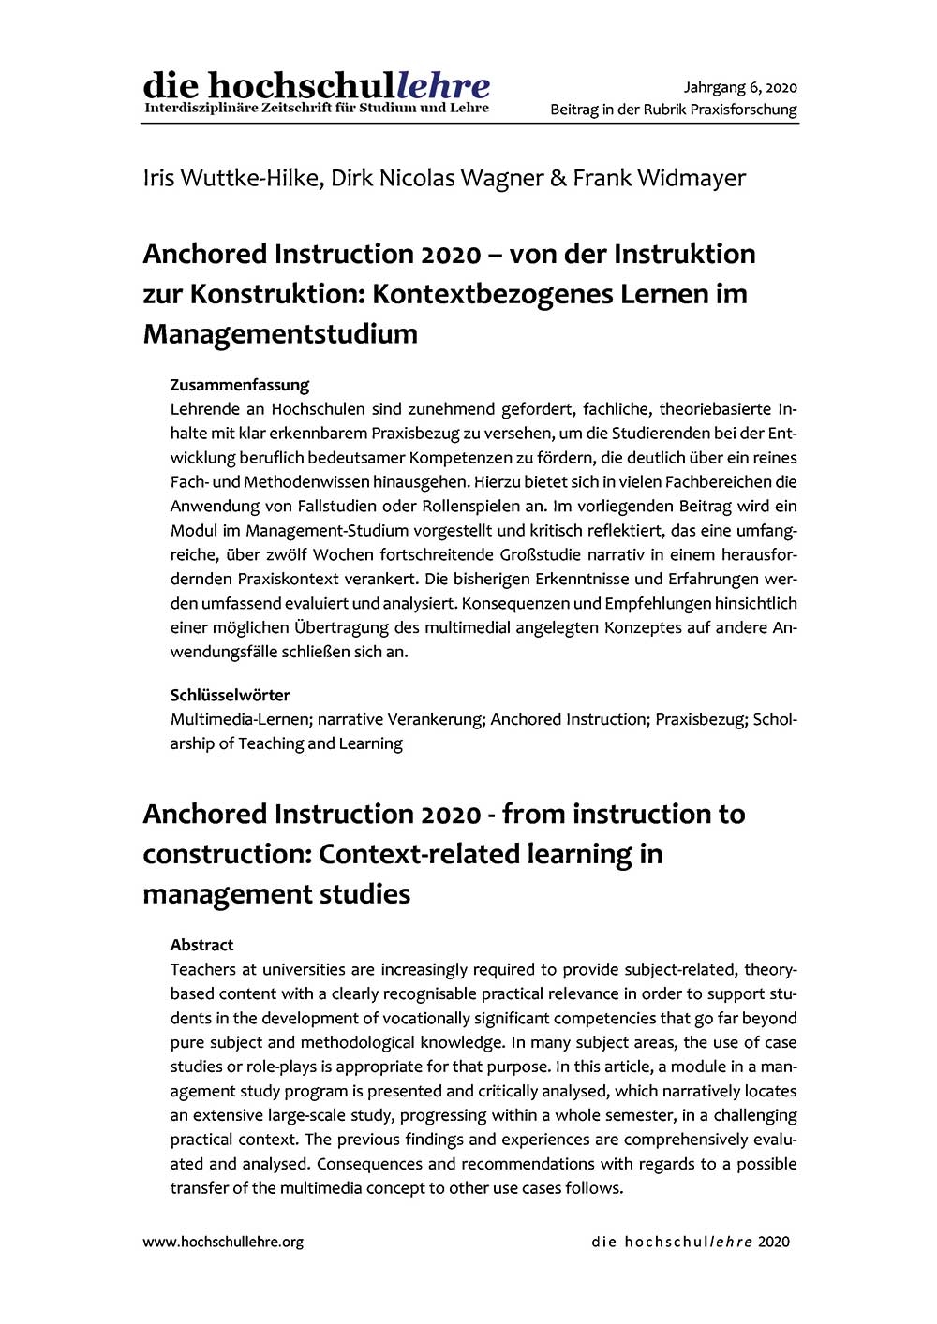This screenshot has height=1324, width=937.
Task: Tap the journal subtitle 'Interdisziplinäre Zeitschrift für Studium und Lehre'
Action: point(316,109)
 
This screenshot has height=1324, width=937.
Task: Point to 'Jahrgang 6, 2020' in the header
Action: point(740,88)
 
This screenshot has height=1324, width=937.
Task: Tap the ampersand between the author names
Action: point(558,178)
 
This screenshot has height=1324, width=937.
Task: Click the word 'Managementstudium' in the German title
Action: point(280,334)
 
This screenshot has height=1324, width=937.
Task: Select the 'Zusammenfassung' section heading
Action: point(240,385)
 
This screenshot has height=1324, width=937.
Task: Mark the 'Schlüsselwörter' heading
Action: point(231,695)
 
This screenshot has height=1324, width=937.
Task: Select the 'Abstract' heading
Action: point(202,945)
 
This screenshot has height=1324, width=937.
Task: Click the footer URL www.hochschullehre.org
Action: point(223,1242)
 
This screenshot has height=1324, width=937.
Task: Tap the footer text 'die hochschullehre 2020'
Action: point(691,1242)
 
